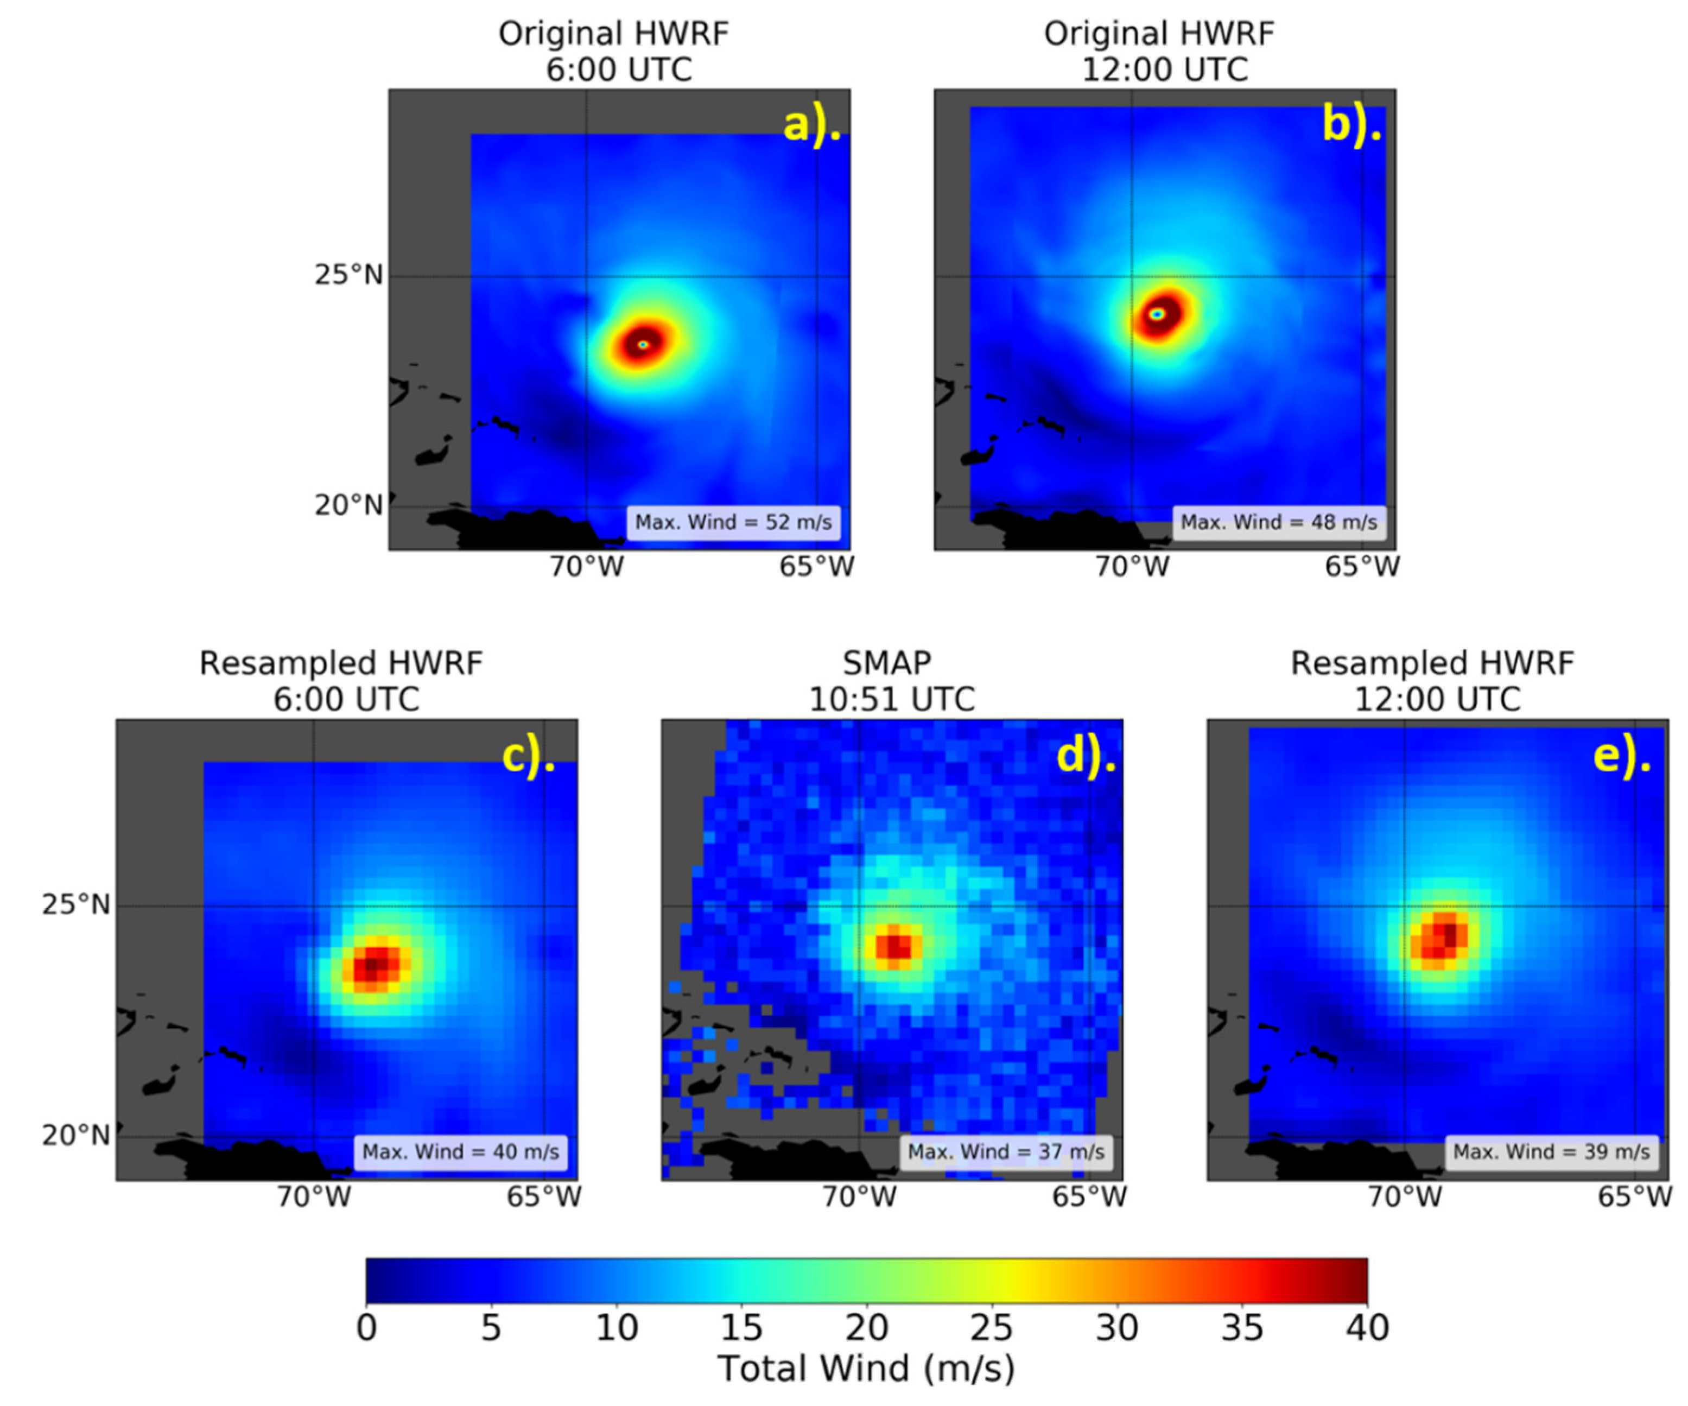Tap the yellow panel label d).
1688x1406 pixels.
pos(1085,756)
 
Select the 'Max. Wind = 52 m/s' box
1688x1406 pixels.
pos(733,523)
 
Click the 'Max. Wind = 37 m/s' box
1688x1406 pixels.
pos(1006,1152)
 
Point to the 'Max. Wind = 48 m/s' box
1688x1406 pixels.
pos(1278,523)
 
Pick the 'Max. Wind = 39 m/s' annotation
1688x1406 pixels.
pos(1551,1152)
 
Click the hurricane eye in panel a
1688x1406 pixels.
pos(642,344)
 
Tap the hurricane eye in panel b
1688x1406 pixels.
pos(1157,314)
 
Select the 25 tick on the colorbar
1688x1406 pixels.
pos(991,1328)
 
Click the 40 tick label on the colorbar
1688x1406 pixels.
pos(1367,1328)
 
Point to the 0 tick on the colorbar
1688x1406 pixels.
pos(366,1328)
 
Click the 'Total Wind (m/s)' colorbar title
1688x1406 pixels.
pos(866,1368)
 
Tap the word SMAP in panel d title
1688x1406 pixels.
pos(886,664)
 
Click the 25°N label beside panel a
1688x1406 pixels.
pos(348,275)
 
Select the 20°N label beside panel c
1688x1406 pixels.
pos(75,1135)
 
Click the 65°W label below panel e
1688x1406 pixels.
pos(1634,1196)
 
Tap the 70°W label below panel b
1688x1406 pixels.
pos(1132,567)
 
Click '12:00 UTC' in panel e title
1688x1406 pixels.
pos(1437,699)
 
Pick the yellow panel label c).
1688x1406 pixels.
pos(528,756)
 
